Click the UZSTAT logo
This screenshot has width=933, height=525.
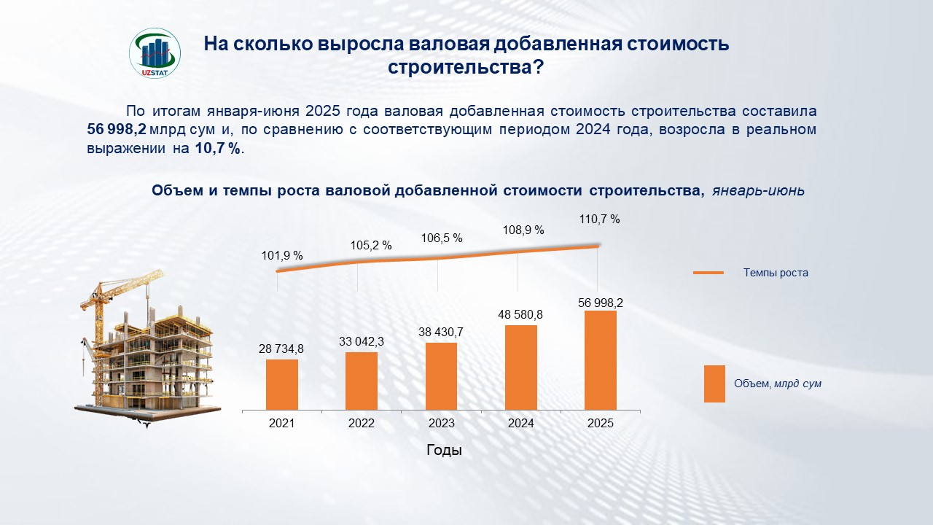point(154,52)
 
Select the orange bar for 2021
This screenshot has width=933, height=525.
point(281,384)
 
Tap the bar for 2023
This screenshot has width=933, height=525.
point(441,376)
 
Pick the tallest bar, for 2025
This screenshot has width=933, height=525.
point(601,360)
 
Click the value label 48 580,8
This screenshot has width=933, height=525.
point(521,314)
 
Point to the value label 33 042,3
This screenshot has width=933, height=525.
point(362,341)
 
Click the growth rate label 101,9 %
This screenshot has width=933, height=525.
point(282,255)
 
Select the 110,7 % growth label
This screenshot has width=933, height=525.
point(600,219)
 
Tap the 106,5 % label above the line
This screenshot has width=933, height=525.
point(442,238)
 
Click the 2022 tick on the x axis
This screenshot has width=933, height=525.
point(362,423)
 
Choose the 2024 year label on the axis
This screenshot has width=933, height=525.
point(521,423)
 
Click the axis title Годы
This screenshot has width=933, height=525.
point(444,451)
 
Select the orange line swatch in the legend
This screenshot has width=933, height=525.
point(708,273)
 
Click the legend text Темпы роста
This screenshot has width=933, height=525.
point(776,273)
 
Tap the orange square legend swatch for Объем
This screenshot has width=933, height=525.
point(714,384)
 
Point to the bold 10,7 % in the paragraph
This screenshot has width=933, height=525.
point(217,149)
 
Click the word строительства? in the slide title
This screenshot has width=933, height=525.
point(466,68)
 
